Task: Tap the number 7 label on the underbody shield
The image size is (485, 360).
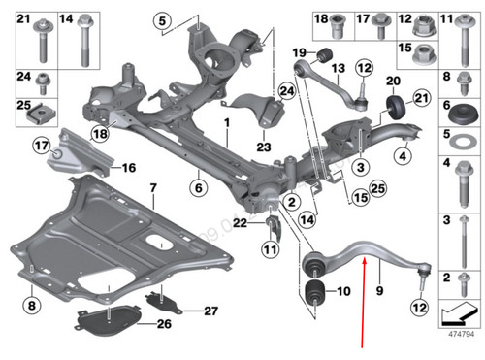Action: (x=151, y=185)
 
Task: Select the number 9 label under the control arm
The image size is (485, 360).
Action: (x=380, y=288)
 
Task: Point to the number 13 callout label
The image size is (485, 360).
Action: (x=339, y=69)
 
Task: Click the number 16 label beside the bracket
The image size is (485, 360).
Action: (x=128, y=167)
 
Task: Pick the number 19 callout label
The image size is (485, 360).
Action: (x=300, y=52)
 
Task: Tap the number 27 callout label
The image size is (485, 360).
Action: (x=212, y=311)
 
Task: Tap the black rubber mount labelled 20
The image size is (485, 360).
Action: (x=396, y=106)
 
